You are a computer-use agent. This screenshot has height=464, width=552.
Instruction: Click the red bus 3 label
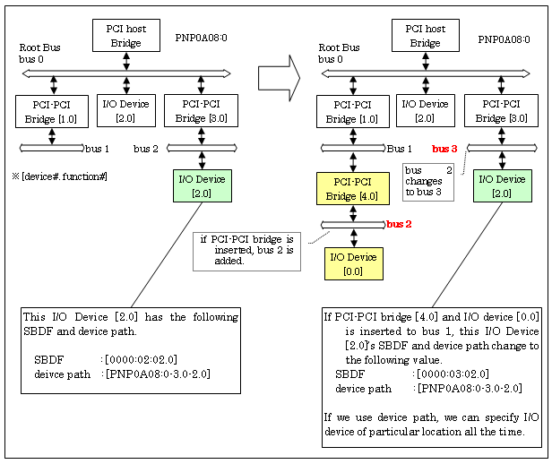445,149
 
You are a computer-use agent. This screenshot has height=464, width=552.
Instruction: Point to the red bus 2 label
401,223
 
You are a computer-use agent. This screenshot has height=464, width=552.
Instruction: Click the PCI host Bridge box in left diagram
125,35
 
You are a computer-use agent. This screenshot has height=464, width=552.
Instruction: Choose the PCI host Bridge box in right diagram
425,35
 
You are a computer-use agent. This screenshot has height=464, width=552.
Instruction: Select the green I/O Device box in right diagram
501,185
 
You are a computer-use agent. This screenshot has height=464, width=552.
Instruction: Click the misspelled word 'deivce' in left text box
50,374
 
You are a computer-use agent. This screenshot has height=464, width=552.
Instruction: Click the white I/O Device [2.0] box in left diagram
126,111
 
